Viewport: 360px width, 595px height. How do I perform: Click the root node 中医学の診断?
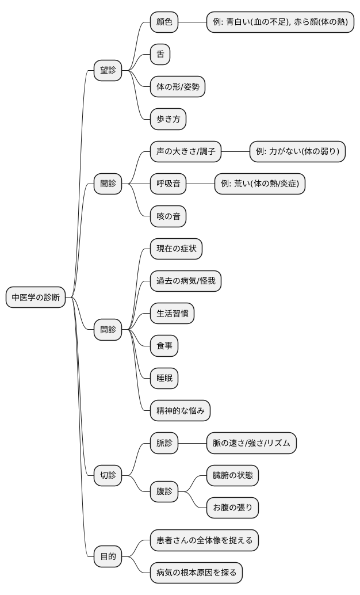coord(36,297)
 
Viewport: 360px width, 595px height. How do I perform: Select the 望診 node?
coord(108,71)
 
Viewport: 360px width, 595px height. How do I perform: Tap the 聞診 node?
coord(108,184)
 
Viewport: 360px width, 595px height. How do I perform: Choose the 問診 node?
coord(108,330)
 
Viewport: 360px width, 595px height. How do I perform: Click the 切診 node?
coord(108,475)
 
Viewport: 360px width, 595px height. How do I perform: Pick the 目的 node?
coord(108,556)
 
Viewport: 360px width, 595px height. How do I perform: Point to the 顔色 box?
coord(164,22)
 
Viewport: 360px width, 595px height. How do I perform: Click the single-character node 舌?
coord(160,55)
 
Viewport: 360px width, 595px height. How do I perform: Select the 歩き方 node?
coord(168,119)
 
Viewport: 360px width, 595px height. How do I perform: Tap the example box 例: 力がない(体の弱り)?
coord(297,152)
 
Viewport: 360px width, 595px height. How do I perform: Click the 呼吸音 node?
coord(168,184)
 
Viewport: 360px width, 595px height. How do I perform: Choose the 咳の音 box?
coord(168,216)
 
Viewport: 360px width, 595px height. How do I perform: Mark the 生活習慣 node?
coord(172,314)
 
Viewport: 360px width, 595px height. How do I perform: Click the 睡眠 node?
coord(164,379)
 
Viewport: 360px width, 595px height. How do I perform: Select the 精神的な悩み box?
coord(179,411)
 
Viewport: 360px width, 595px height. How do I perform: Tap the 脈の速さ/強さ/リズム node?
coord(251,443)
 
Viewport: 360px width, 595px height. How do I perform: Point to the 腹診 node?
coord(164,491)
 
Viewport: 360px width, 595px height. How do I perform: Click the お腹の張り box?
coord(232,508)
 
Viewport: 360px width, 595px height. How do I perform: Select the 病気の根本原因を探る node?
coord(196,573)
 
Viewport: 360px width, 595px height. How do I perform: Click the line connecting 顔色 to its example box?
coord(193,22)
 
